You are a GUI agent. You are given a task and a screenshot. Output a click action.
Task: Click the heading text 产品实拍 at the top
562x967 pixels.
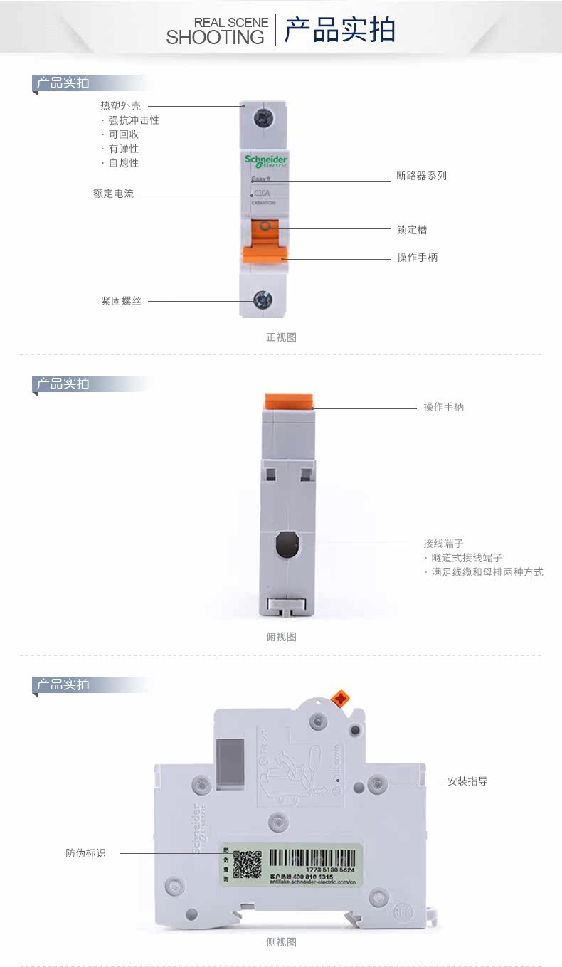(339, 31)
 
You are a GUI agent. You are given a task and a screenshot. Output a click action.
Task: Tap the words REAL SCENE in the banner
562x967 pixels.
(231, 23)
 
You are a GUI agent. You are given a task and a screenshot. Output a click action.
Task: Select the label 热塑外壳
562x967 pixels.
(120, 106)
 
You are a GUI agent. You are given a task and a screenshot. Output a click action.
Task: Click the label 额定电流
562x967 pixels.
(113, 194)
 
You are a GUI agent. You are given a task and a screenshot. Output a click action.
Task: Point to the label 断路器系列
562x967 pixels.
(421, 176)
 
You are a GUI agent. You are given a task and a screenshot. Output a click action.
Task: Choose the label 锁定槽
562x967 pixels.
(412, 230)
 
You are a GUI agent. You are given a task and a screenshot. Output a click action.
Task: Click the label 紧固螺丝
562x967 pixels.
(121, 301)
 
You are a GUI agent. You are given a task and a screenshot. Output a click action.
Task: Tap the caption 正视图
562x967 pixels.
(281, 337)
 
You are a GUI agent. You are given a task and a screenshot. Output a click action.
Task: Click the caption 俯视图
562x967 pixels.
(281, 637)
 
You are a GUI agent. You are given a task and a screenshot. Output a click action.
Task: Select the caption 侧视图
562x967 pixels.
(281, 942)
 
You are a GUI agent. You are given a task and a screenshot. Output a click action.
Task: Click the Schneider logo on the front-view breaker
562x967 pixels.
(265, 161)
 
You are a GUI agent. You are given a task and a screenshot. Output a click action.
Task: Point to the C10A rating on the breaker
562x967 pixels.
(262, 193)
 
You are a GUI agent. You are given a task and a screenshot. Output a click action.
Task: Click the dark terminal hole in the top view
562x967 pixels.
(287, 546)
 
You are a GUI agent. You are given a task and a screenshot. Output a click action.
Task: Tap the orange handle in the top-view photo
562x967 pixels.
(290, 401)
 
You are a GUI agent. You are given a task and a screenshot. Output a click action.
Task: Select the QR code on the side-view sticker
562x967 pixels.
(248, 863)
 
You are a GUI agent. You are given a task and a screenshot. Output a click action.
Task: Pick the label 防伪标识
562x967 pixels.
(85, 853)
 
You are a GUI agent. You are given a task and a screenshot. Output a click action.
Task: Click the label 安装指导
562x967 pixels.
(467, 781)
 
